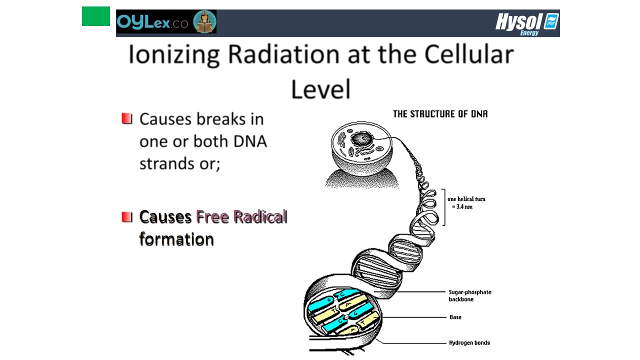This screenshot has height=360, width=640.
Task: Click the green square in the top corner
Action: point(95,16)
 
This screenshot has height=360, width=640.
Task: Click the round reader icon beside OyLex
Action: point(204,21)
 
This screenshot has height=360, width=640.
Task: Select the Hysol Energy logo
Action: point(527,24)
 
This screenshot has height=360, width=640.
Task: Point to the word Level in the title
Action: point(320,89)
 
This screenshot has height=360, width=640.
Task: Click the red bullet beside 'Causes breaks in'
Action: point(127,118)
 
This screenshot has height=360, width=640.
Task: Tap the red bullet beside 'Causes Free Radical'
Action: point(127,217)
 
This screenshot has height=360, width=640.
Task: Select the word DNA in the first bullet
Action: point(250,141)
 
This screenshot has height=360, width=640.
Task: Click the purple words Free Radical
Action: point(241,216)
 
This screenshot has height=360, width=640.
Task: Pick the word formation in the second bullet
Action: point(176,239)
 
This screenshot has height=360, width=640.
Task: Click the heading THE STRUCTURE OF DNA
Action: point(440,114)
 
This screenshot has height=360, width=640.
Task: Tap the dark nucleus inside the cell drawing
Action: point(362,139)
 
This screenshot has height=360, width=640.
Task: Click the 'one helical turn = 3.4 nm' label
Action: point(466,203)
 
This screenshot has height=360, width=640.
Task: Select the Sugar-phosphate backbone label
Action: point(470,295)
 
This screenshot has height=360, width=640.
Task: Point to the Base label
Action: point(455,317)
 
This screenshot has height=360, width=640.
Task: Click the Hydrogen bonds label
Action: point(469,342)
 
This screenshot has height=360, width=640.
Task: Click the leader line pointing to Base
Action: point(414,317)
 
